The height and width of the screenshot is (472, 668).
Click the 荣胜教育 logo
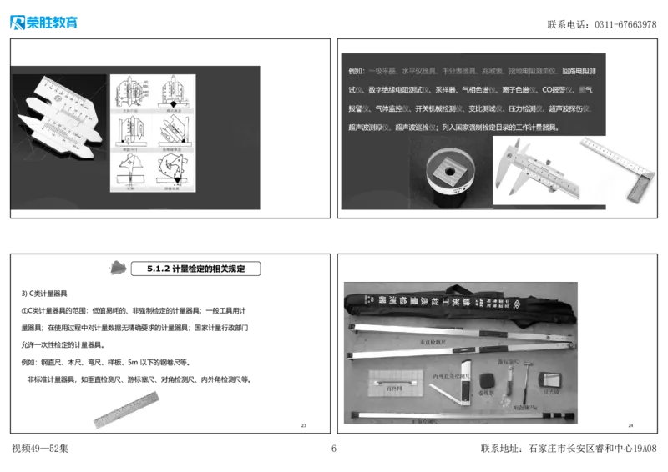tap(43, 23)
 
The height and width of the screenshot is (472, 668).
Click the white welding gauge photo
tap(60, 116)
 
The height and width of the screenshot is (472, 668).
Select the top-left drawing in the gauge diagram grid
tap(132, 94)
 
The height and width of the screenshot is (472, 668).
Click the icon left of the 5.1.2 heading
tap(117, 268)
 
